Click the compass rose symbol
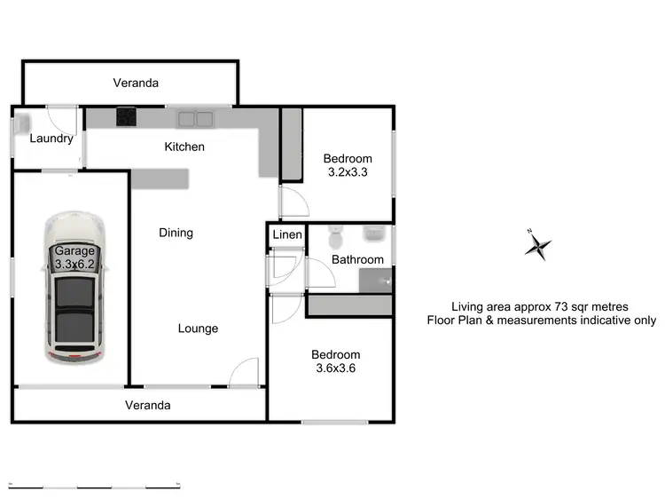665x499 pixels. (x=537, y=244)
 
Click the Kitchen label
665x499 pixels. (x=185, y=147)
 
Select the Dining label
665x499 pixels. (x=176, y=233)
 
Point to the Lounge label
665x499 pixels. (x=197, y=329)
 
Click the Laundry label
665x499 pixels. (x=51, y=139)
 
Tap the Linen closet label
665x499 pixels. (x=286, y=234)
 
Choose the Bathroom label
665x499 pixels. (x=357, y=259)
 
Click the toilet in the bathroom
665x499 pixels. (x=334, y=238)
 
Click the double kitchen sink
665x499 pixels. (x=193, y=116)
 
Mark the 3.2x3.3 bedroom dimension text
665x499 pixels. (x=348, y=172)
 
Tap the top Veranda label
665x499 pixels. (x=136, y=83)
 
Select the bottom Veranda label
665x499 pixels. (x=147, y=405)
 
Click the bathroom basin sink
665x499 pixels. (x=376, y=235)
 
